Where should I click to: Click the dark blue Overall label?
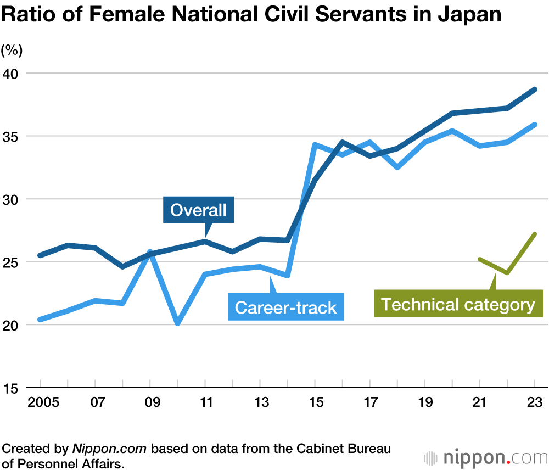(198, 209)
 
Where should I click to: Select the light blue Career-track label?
(285, 307)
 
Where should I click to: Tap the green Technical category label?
(458, 304)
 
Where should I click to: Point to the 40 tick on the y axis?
(12, 74)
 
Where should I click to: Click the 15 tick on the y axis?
(12, 388)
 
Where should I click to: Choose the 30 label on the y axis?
(12, 199)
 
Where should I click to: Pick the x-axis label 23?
(535, 402)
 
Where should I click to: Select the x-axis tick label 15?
(315, 402)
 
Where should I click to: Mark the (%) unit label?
(12, 51)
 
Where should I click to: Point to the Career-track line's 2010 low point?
(178, 323)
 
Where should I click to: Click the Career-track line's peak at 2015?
(315, 145)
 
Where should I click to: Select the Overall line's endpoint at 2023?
(535, 89)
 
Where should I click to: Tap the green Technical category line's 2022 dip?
(507, 272)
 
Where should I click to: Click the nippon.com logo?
(485, 457)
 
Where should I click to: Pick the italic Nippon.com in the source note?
(109, 449)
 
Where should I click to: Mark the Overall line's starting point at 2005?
(40, 256)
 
